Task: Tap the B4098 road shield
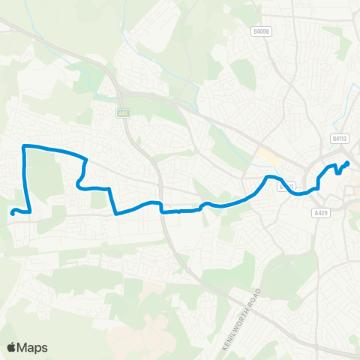point(260,31)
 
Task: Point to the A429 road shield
point(320,212)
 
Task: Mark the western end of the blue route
point(13,212)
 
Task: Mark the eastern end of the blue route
point(348,163)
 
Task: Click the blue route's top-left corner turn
point(25,145)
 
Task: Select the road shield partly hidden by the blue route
point(285,187)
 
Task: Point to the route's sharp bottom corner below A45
point(115,213)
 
